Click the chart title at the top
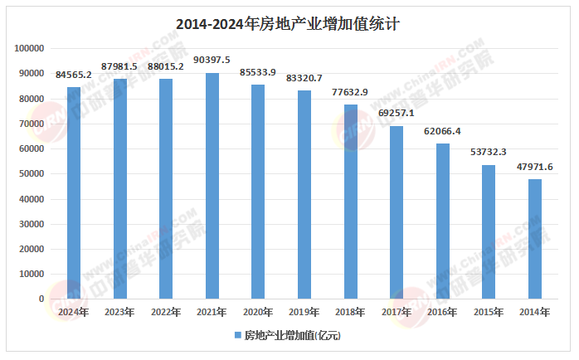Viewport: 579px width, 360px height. [289, 24]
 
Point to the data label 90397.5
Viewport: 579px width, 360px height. [212, 60]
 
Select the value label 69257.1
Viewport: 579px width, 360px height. [397, 112]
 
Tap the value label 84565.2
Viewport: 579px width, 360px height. [74, 75]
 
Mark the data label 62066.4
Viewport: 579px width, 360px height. [443, 130]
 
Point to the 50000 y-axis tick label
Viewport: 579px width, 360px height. [31, 173]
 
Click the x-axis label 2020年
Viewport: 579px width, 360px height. [258, 312]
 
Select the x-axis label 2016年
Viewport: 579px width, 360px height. [442, 312]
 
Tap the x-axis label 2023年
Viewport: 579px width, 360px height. [120, 312]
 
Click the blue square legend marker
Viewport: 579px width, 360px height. [237, 336]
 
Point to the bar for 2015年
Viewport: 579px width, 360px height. [489, 231]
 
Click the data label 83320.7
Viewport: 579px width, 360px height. [304, 77]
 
